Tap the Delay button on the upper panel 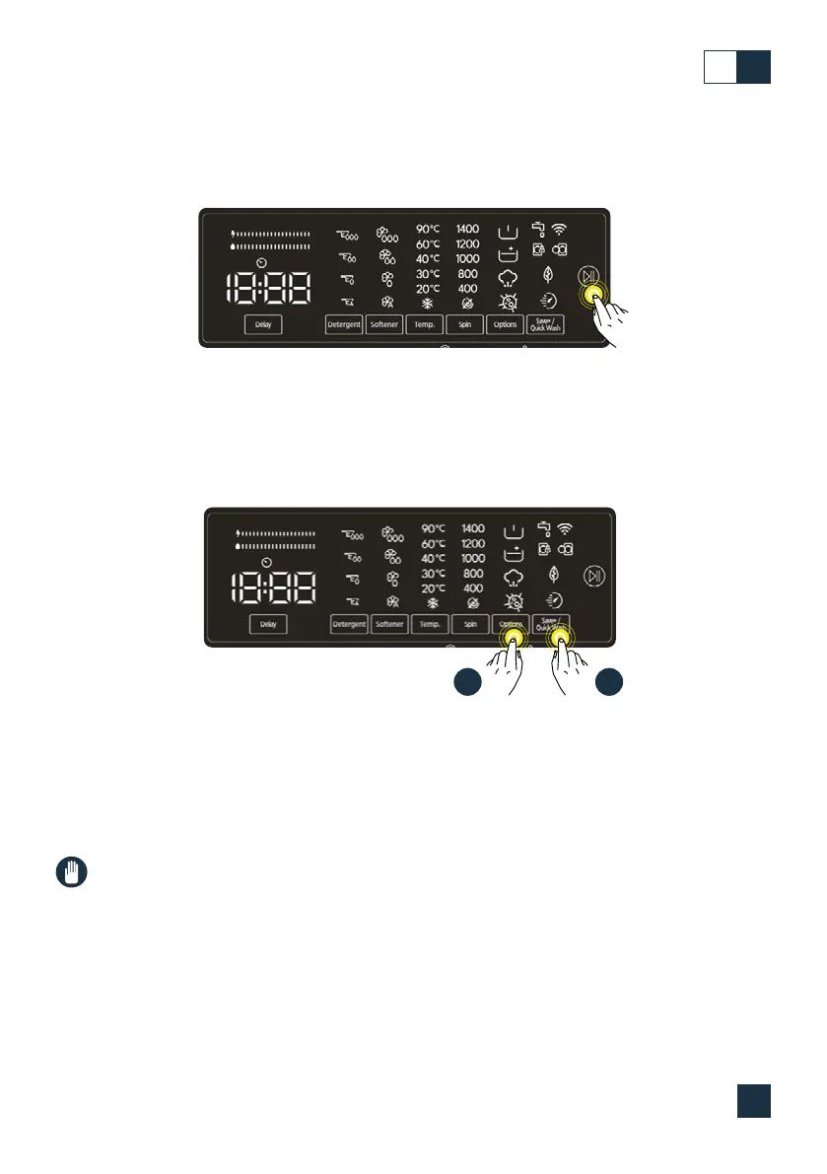[263, 324]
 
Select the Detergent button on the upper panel [344, 324]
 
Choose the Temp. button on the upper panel [424, 324]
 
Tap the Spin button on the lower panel [470, 624]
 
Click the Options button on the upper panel [505, 324]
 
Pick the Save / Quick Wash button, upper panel [545, 324]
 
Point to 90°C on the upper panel [434, 230]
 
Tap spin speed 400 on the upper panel [468, 289]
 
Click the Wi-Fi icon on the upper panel [561, 229]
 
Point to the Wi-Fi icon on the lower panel [565, 529]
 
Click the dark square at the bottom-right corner [753, 1102]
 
